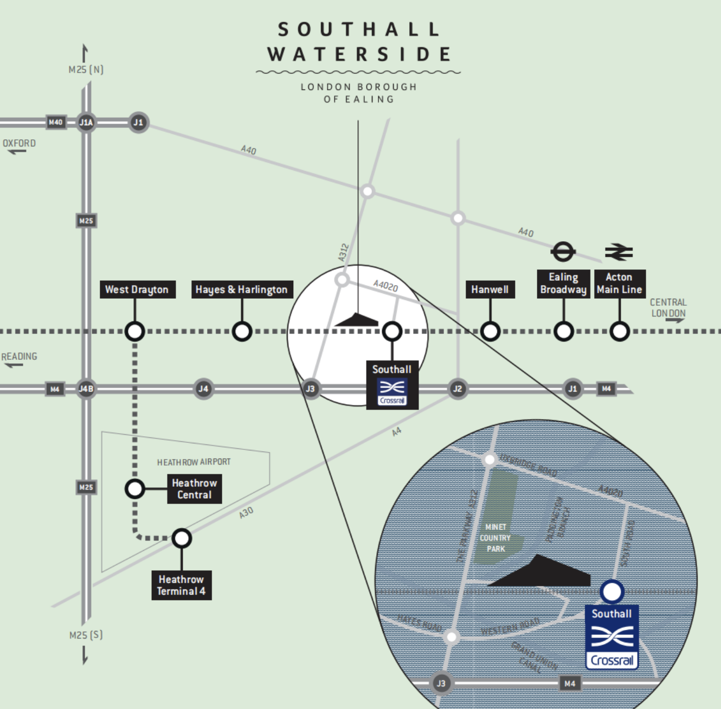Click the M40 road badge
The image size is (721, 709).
[x=55, y=123]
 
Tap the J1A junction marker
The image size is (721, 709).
[x=86, y=123]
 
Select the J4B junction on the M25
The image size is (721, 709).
[x=86, y=389]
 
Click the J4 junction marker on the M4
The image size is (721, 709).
[x=203, y=389]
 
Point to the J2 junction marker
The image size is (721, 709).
[x=458, y=389]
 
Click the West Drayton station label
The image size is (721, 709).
[x=137, y=289]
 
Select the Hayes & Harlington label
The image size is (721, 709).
[x=242, y=289]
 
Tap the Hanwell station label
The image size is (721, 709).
[x=490, y=289]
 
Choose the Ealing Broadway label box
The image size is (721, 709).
[x=563, y=283]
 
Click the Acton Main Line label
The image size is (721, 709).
[x=620, y=283]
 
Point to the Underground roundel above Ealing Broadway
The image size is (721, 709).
[x=563, y=252]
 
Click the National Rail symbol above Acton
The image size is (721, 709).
[x=619, y=252]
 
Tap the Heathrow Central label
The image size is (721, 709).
[x=194, y=489]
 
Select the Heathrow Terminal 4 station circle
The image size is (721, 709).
[x=182, y=538]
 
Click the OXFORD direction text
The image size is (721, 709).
[x=20, y=144]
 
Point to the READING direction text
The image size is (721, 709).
[x=20, y=357]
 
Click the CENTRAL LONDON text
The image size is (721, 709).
[x=668, y=308]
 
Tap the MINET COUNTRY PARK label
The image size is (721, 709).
[x=495, y=538]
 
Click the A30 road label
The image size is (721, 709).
[x=246, y=513]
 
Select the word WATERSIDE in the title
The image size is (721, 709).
[x=359, y=54]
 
